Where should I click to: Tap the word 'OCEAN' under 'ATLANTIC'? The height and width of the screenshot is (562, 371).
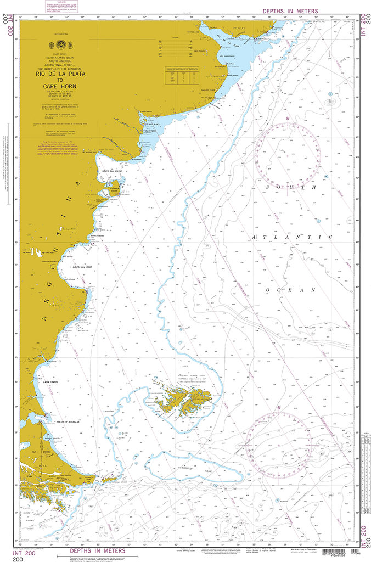[x=290, y=289]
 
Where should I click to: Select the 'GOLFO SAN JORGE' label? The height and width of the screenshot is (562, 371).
[x=82, y=267]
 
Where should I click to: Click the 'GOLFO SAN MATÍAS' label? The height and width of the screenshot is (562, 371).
[x=111, y=171]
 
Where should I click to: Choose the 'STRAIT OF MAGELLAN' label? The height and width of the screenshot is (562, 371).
[x=68, y=422]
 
